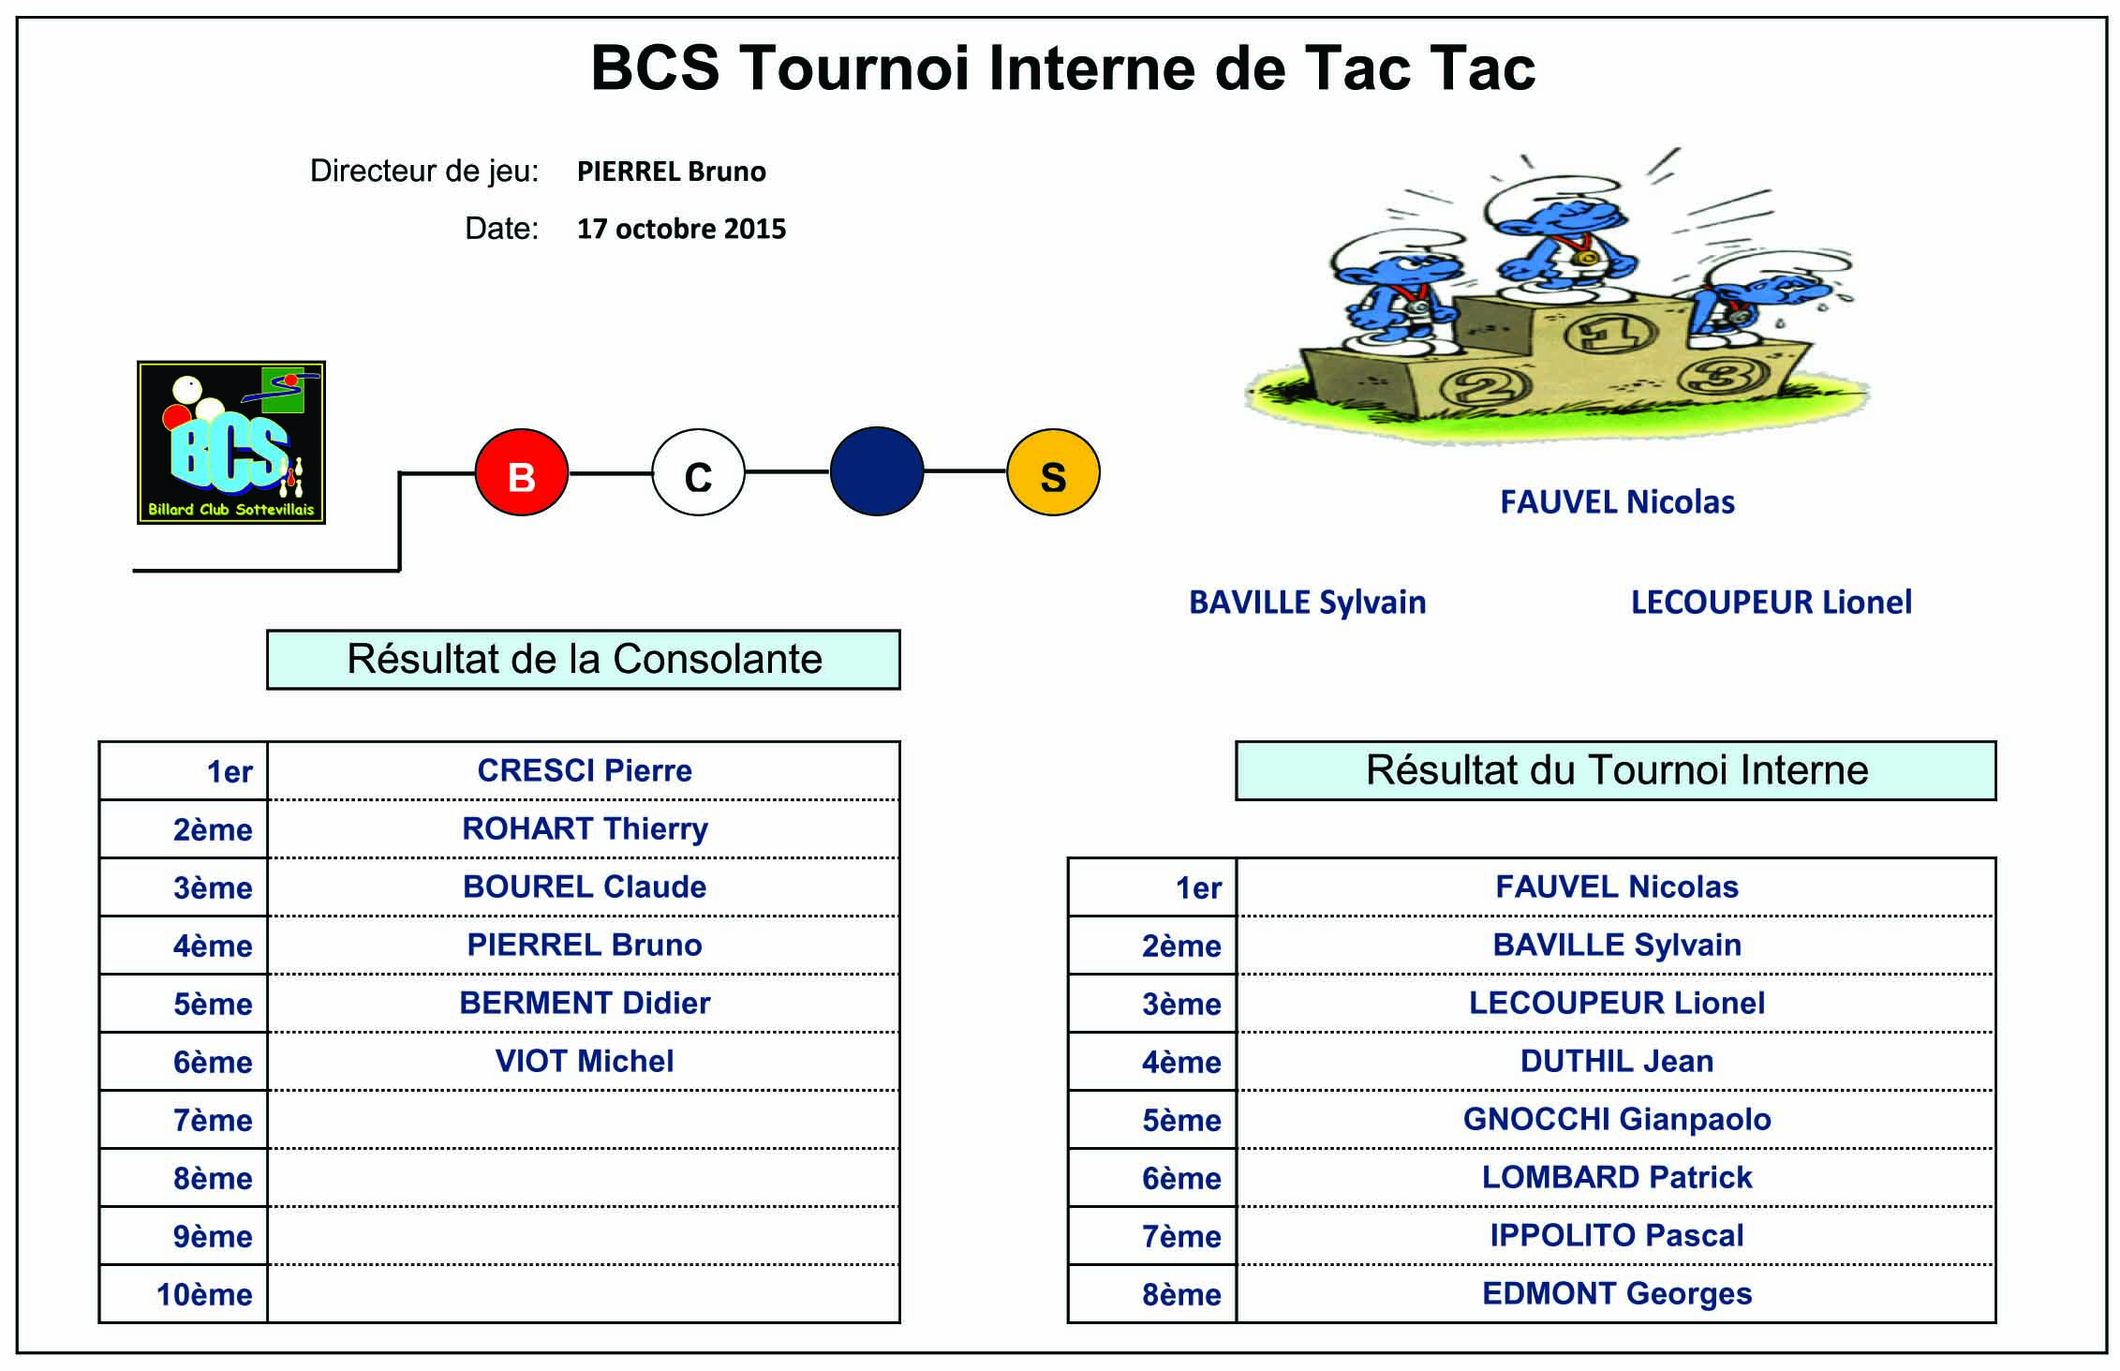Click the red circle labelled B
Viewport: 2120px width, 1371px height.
[x=522, y=472]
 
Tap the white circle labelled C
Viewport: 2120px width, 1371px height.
[x=699, y=472]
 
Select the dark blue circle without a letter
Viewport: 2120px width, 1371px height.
[x=877, y=471]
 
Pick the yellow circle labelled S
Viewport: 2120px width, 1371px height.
[x=1054, y=472]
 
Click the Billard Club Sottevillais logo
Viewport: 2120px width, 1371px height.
[x=231, y=442]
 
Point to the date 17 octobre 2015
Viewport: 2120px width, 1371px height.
[x=681, y=229]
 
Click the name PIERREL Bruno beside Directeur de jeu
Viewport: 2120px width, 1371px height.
[x=671, y=171]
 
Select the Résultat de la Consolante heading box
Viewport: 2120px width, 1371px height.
[x=584, y=660]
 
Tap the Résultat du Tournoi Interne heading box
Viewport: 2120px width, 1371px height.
[x=1616, y=770]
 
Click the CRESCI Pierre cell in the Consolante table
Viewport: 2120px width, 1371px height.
[x=585, y=770]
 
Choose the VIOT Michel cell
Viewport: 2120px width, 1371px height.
[x=585, y=1061]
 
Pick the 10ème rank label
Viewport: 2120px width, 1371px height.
[x=204, y=1294]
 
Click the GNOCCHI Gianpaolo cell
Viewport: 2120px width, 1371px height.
[x=1617, y=1119]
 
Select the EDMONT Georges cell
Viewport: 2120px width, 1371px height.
[x=1617, y=1293]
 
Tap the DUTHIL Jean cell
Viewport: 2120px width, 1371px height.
[x=1617, y=1061]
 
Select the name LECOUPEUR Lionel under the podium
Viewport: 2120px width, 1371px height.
[x=1772, y=602]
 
